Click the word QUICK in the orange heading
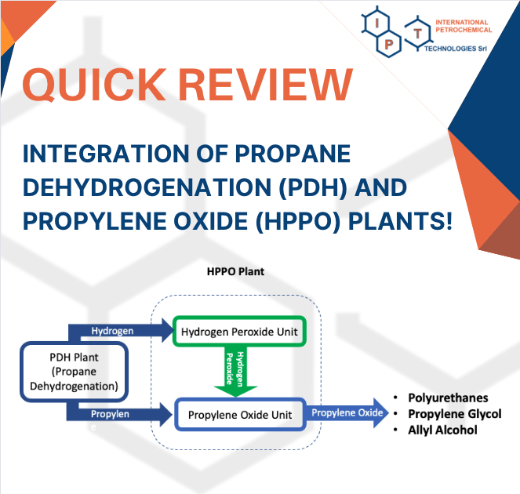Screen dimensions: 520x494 tap(94, 84)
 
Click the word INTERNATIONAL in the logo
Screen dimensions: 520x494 tap(462, 22)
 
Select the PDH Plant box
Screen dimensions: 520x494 tap(74, 372)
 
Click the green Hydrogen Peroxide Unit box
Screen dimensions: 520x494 tap(239, 332)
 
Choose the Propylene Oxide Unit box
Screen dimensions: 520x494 tap(240, 415)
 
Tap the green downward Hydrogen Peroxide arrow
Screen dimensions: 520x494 tap(235, 372)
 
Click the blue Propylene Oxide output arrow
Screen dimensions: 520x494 tap(347, 412)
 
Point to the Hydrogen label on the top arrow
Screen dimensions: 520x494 tap(112, 331)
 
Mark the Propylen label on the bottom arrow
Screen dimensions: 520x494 tap(110, 414)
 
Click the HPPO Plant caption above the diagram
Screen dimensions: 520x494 tap(235, 271)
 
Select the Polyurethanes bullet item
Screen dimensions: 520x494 tap(448, 398)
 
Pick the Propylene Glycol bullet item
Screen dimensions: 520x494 tap(455, 414)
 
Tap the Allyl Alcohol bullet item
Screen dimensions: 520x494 tap(442, 430)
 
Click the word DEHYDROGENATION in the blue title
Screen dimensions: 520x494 tap(147, 187)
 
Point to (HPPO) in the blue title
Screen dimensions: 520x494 tap(298, 221)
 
